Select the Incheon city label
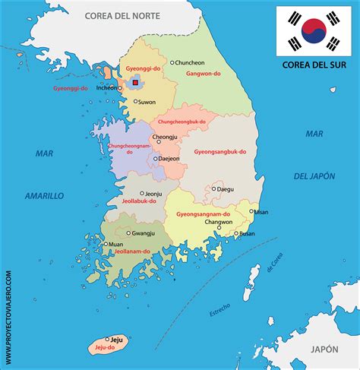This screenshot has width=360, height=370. coord(107,87)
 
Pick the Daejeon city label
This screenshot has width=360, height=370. coord(169,159)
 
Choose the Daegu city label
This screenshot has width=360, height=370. coord(226,188)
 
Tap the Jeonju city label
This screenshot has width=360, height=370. coord(153,194)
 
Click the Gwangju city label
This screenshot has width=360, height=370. coord(143,233)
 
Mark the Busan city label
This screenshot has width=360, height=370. coord(247,234)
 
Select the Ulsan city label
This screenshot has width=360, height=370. coord(261,212)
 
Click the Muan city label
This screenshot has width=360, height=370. coord(115,245)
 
